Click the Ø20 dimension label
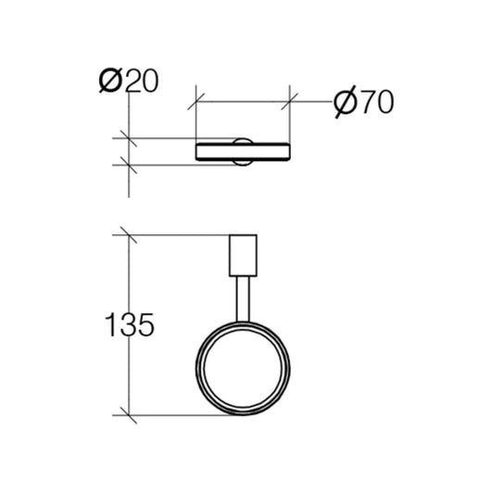[129, 82]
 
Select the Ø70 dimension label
[362, 102]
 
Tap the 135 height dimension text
[128, 325]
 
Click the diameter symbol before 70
[343, 102]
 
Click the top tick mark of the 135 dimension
[128, 234]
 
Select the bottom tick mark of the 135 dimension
[128, 413]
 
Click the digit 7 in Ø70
[366, 102]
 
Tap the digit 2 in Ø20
[132, 82]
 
